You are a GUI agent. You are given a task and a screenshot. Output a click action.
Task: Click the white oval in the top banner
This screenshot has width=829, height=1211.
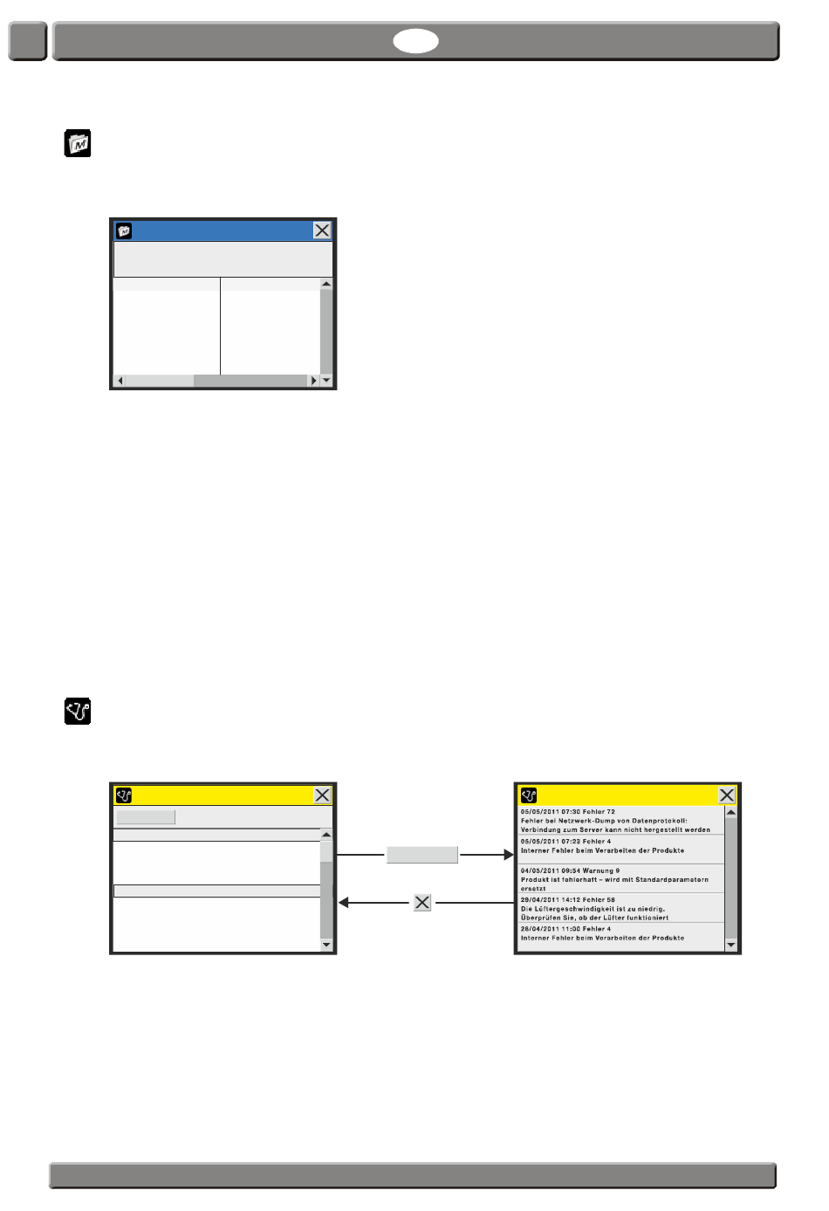coord(415,41)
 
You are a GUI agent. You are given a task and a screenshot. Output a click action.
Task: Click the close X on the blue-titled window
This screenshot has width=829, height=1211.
coord(322,231)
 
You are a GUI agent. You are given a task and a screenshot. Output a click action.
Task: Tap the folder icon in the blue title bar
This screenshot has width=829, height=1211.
coord(124,231)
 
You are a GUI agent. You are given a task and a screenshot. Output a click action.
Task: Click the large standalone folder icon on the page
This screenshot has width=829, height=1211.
coord(78,143)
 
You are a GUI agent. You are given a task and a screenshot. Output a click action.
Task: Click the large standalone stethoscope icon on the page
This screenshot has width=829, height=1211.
coord(78,711)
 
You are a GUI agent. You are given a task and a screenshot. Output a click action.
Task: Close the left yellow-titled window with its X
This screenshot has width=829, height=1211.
coord(322,795)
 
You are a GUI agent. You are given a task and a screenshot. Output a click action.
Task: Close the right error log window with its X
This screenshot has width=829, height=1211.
coord(727,795)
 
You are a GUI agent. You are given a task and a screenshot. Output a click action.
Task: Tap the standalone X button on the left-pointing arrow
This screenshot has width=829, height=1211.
coord(422,902)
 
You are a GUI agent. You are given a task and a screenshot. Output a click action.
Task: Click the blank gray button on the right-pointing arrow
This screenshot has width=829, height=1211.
coord(422,855)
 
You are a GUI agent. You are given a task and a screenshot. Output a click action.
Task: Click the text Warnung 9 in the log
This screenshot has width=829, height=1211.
coord(601,870)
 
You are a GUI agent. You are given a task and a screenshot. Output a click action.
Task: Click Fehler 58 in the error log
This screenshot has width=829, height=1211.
coord(599,899)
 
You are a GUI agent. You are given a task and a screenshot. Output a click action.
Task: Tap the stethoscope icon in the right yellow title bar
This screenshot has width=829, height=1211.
coord(529,795)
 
